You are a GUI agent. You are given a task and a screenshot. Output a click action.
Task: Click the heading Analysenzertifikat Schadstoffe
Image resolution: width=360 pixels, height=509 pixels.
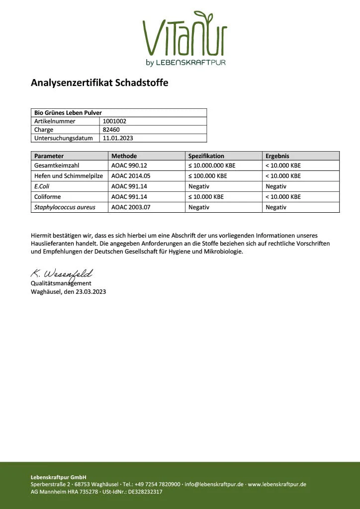click(99, 83)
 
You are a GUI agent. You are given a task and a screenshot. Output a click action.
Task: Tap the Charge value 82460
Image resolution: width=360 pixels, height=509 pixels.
click(111, 130)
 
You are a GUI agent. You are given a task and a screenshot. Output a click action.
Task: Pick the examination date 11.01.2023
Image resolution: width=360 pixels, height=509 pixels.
click(118, 138)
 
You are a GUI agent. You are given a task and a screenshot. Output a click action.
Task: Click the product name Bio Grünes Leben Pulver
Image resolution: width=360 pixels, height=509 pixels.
click(68, 113)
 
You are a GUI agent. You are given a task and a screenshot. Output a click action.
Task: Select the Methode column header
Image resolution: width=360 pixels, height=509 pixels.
click(124, 156)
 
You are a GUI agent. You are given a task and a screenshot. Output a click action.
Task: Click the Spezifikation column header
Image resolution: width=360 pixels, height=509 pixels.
click(206, 156)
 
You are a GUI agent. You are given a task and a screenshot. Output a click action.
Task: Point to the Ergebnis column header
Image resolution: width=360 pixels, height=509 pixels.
click(277, 156)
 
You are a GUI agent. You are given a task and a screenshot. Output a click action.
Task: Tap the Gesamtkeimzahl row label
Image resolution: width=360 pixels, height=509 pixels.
click(57, 166)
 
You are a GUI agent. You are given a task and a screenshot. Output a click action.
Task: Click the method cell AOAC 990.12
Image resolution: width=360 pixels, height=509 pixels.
click(128, 166)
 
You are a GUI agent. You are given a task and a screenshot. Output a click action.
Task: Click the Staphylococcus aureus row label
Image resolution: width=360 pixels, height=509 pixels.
click(65, 207)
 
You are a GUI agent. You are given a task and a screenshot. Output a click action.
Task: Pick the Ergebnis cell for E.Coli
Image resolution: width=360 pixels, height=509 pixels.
click(276, 186)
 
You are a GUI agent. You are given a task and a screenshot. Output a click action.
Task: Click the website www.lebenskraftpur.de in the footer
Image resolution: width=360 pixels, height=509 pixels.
click(277, 484)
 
